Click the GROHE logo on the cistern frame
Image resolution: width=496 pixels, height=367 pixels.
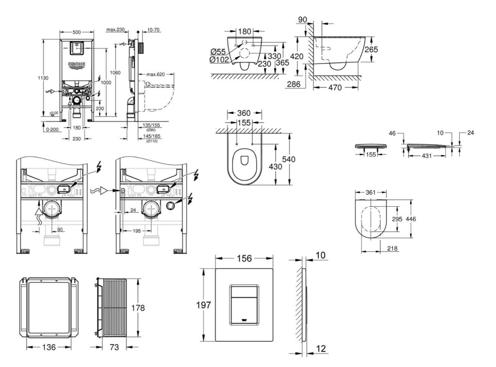coord(77,64)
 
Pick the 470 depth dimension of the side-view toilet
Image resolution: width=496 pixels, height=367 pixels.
coord(335,88)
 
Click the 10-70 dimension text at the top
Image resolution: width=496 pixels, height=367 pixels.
coord(154,30)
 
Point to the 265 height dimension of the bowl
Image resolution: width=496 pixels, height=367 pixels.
coord(372,49)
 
